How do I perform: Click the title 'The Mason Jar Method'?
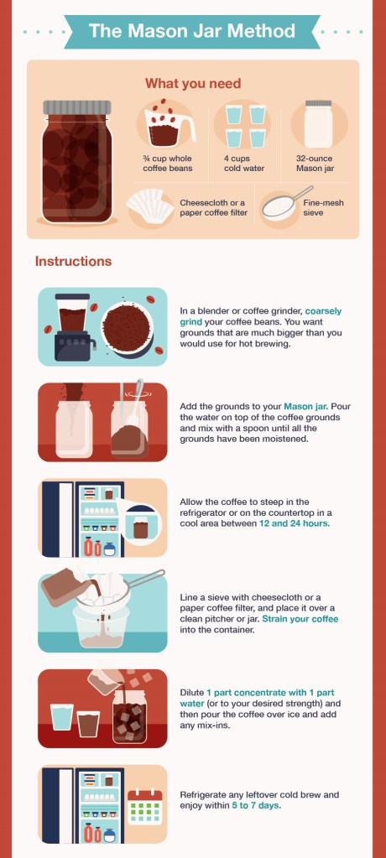click(191, 31)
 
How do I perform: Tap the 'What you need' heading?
click(193, 84)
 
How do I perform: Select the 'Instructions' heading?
click(73, 261)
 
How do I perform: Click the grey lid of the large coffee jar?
click(77, 107)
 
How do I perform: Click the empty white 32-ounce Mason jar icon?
click(319, 124)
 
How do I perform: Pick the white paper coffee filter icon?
click(149, 205)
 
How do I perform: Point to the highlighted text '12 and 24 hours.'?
click(295, 523)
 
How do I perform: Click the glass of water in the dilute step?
click(62, 717)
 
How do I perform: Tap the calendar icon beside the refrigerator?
click(145, 807)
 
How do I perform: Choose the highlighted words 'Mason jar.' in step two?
click(305, 407)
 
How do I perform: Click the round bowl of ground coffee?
click(126, 328)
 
